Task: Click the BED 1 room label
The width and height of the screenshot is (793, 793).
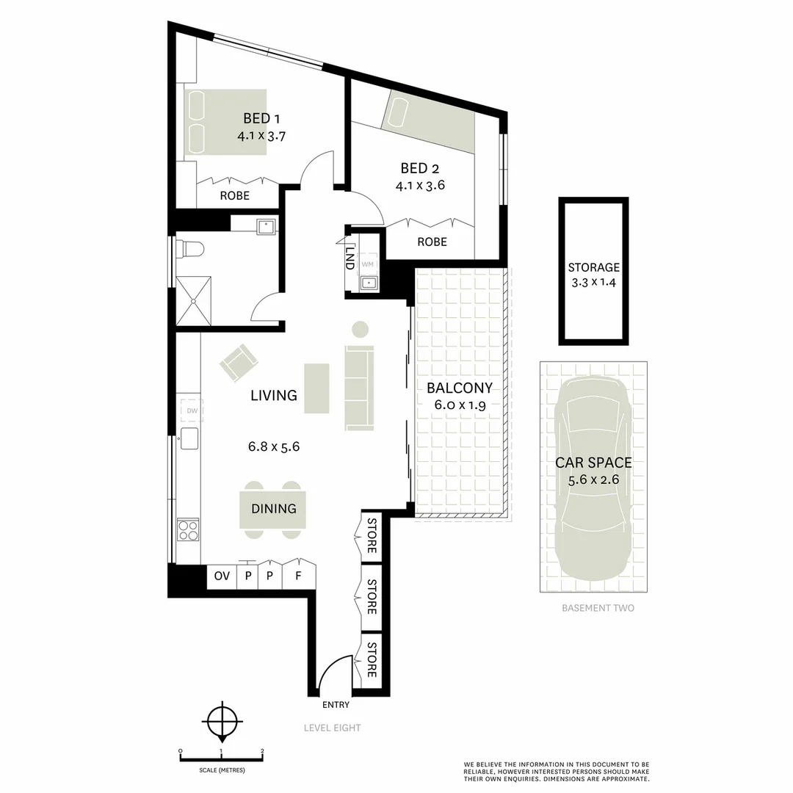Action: [x=261, y=118]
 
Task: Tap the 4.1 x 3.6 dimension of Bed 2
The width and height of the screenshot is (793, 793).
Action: [x=420, y=185]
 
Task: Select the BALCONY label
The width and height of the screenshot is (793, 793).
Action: [x=459, y=388]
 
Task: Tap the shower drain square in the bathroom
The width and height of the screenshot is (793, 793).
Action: [x=194, y=300]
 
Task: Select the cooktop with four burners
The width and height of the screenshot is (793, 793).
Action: [x=188, y=529]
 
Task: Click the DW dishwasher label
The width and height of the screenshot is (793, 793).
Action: [x=192, y=410]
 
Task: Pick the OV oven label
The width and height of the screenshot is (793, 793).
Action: [x=222, y=576]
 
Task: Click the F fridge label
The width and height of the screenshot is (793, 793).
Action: [x=298, y=576]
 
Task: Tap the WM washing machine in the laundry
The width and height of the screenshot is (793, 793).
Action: [x=368, y=264]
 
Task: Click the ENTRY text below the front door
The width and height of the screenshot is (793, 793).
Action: [x=336, y=705]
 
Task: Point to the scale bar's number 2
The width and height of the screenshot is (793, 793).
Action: [x=262, y=751]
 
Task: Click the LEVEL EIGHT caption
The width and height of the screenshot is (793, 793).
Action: [x=332, y=728]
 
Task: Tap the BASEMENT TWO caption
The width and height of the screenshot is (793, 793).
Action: [x=598, y=608]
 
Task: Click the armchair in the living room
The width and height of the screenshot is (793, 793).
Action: [x=239, y=363]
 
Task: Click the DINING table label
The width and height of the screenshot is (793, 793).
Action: [x=273, y=508]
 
